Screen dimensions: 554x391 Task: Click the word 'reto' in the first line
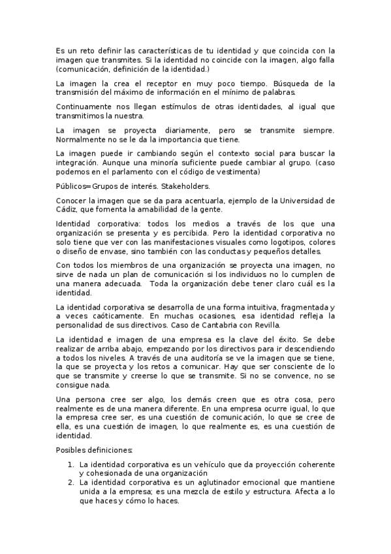click(x=86, y=50)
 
